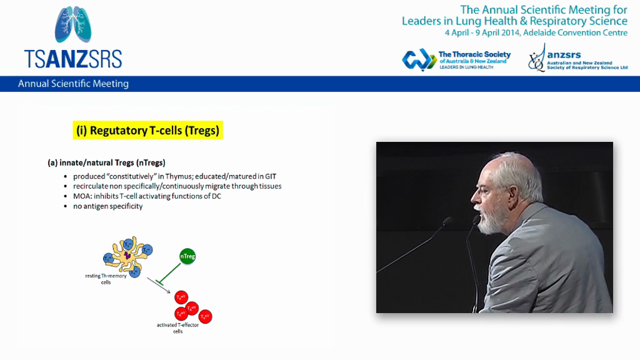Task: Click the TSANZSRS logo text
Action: (73, 58)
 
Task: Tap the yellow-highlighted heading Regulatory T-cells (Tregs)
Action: (147, 130)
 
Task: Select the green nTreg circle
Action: (187, 256)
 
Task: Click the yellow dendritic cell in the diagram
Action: (127, 255)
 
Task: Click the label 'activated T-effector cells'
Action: (177, 328)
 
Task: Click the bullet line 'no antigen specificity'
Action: (107, 206)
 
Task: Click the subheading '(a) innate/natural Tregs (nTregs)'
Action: (106, 162)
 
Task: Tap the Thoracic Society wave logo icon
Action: (418, 59)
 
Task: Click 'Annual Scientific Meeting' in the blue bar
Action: (73, 84)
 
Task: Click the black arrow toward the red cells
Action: (158, 285)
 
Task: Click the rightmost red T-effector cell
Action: (205, 316)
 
